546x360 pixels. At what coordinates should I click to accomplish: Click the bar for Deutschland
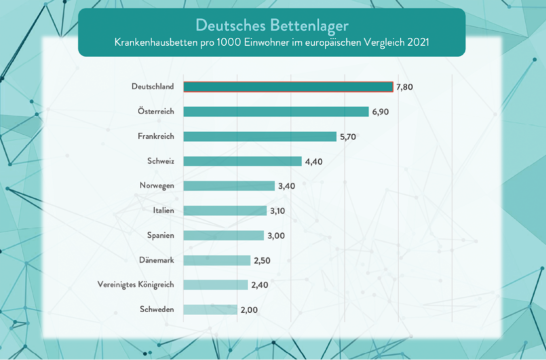288,87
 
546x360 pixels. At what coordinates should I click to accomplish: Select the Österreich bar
276,112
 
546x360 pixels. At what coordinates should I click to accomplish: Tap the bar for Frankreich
260,136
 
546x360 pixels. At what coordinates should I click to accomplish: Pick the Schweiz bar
243,161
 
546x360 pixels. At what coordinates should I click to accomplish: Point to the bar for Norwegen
229,186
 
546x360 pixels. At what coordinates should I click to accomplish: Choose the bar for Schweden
210,310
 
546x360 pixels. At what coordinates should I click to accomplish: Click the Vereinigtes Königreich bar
216,285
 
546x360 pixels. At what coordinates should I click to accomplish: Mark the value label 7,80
405,87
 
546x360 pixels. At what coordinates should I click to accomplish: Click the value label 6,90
380,112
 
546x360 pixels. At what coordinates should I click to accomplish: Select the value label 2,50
262,260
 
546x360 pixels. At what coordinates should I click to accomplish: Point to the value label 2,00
249,310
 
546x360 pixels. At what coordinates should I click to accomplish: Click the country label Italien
164,210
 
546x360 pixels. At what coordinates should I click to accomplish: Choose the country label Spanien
161,235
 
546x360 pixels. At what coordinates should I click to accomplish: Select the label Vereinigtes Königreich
136,284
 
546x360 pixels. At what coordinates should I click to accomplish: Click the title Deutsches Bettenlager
272,24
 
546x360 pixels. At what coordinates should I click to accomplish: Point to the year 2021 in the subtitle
418,42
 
